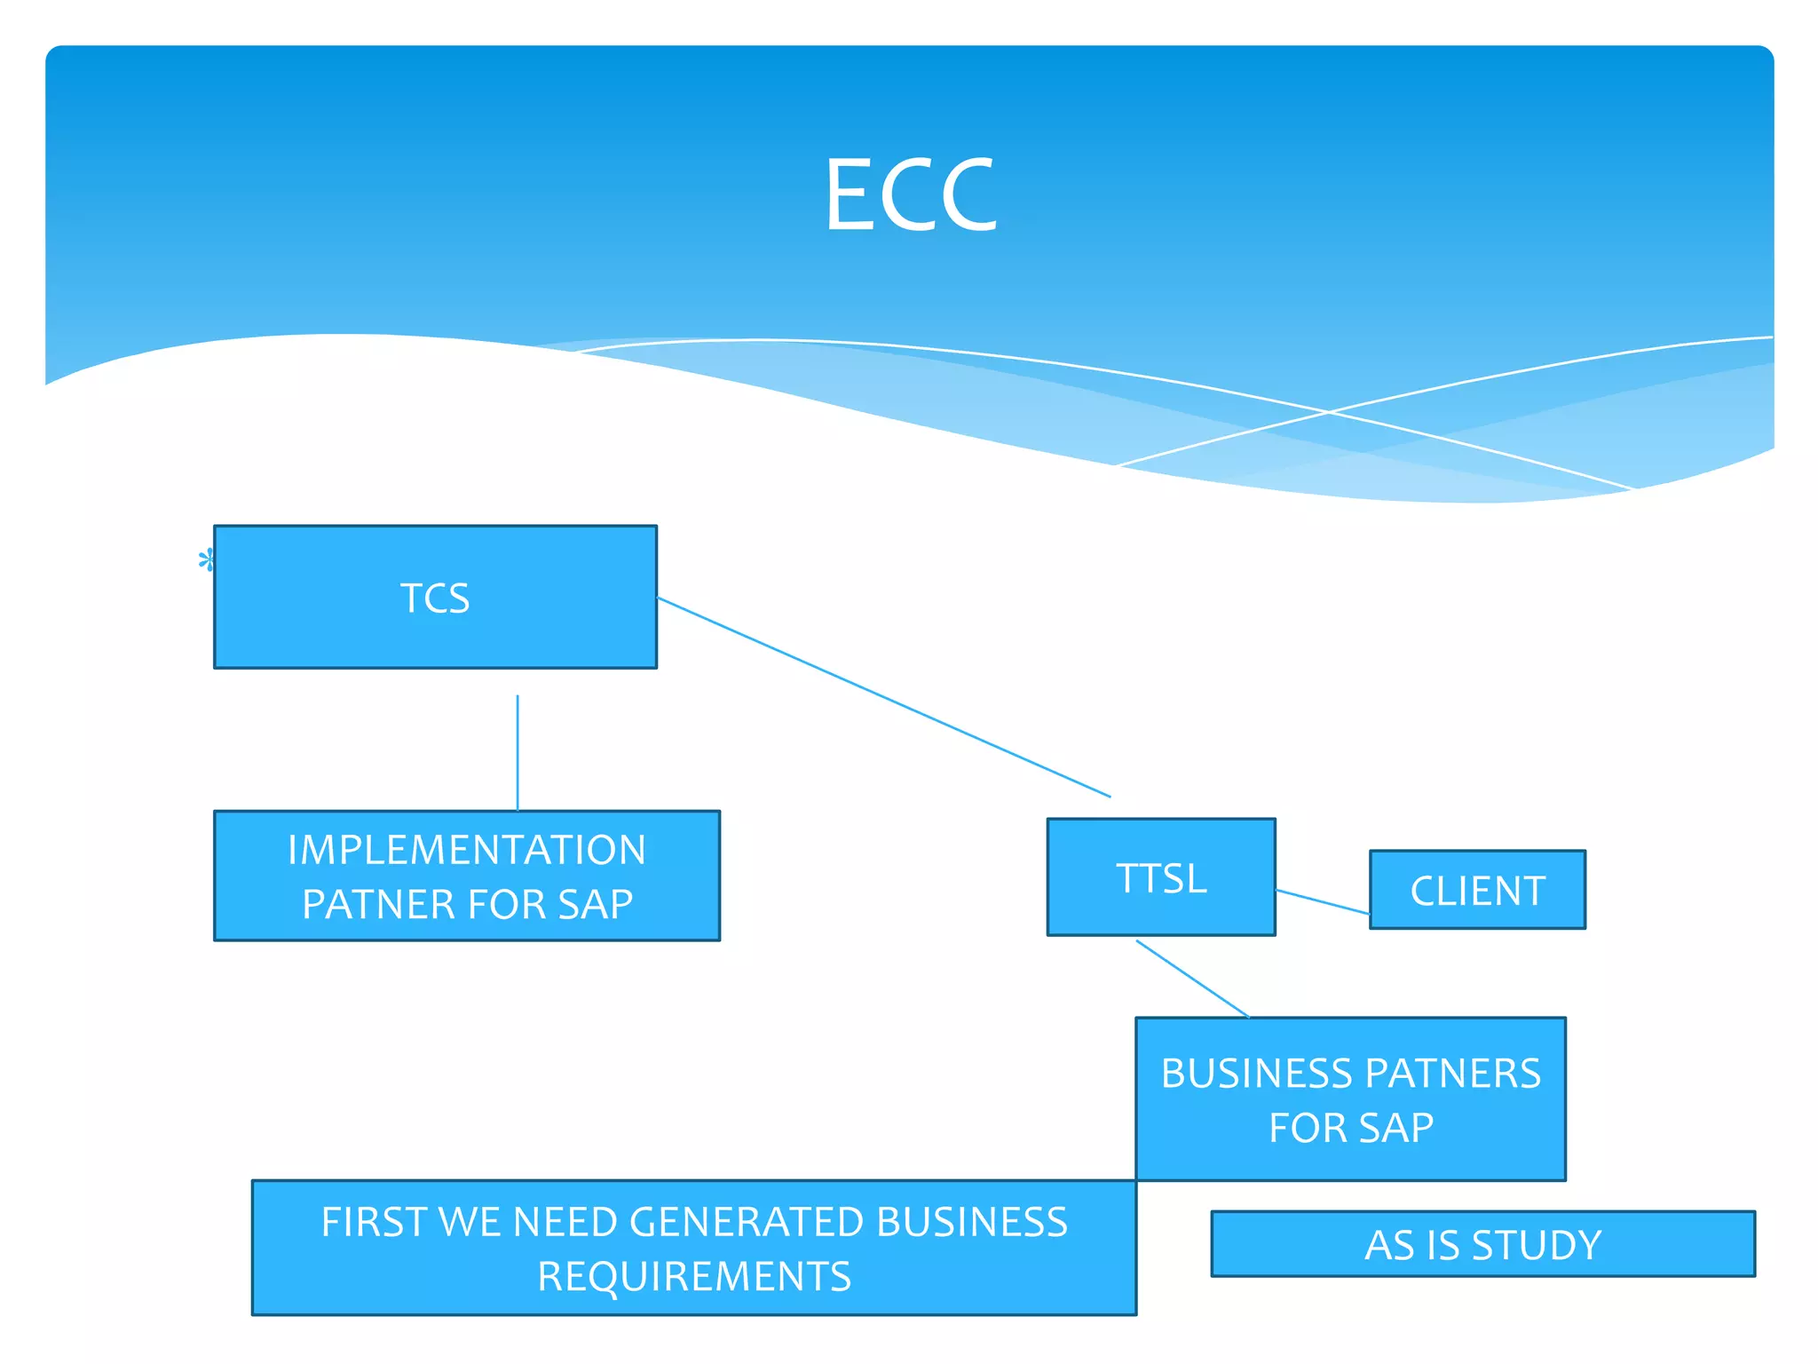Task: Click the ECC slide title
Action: click(x=911, y=194)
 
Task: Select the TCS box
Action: click(x=435, y=597)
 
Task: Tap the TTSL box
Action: click(x=1161, y=877)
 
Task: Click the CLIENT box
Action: click(x=1477, y=890)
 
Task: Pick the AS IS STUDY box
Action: click(x=1482, y=1244)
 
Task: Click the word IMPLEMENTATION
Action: click(x=467, y=850)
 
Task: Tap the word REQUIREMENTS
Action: click(x=694, y=1276)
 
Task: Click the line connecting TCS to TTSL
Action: click(x=883, y=697)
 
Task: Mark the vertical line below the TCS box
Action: click(x=518, y=753)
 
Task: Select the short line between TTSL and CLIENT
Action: click(x=1323, y=901)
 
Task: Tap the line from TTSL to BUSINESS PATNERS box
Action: click(x=1192, y=978)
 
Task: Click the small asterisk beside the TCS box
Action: click(x=206, y=560)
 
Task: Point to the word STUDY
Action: click(x=1537, y=1244)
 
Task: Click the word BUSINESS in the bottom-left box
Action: click(x=972, y=1222)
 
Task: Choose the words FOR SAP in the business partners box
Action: click(x=1351, y=1128)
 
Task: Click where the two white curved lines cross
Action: click(x=1329, y=412)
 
